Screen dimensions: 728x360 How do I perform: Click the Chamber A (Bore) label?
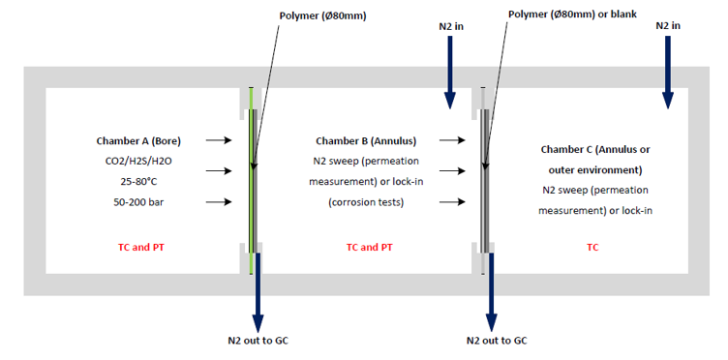coord(138,141)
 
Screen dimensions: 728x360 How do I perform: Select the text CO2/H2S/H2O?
coord(138,162)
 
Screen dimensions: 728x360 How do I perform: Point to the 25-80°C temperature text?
coord(138,182)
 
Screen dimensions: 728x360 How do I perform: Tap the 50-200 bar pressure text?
coord(138,202)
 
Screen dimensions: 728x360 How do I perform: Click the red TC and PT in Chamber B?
coord(370,248)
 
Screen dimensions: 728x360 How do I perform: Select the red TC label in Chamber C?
coord(592,248)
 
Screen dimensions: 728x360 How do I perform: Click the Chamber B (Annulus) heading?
coord(366,141)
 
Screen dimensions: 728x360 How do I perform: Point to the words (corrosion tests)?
coord(366,202)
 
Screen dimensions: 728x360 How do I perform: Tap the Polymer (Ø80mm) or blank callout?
coord(572,14)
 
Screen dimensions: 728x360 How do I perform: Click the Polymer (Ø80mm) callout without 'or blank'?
coord(322,15)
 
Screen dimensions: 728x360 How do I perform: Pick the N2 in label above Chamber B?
coord(451,27)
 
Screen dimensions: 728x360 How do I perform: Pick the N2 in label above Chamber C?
coord(668,25)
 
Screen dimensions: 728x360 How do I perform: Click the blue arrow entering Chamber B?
coord(450,73)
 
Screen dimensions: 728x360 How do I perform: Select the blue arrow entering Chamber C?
coord(668,73)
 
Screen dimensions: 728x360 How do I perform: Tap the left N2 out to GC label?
coord(258,341)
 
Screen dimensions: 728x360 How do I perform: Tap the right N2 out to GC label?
coord(497,341)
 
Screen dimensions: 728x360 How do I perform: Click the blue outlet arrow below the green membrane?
coord(258,292)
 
